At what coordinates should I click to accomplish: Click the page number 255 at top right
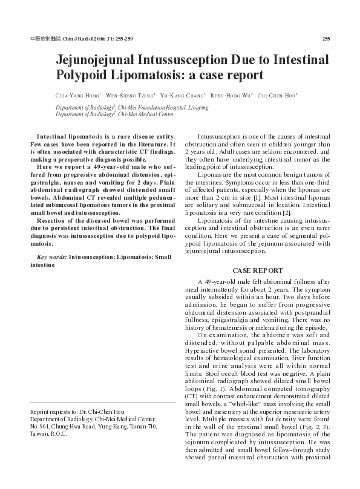(326, 39)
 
